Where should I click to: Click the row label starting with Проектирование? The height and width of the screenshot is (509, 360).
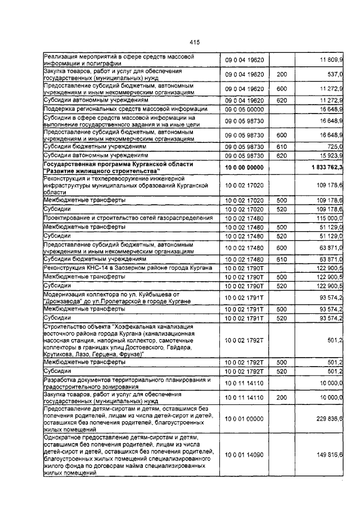128,218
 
